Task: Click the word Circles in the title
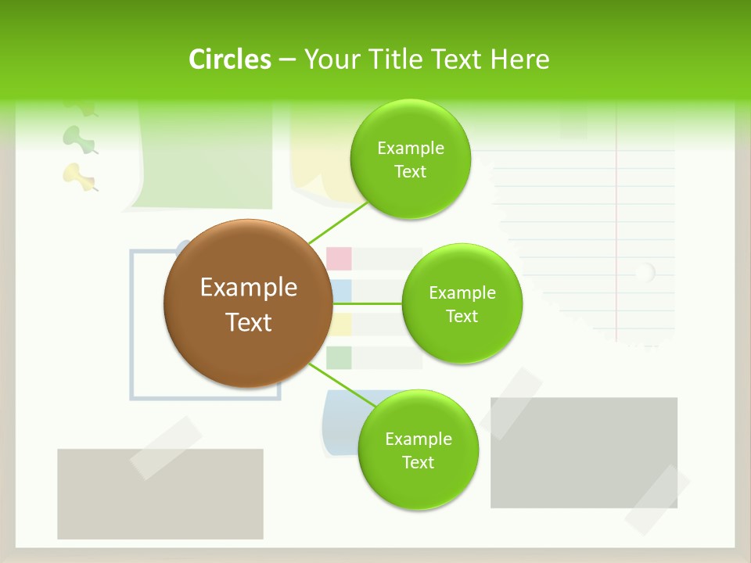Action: pyautogui.click(x=230, y=59)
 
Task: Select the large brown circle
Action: pyautogui.click(x=248, y=304)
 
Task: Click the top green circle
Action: pyautogui.click(x=410, y=160)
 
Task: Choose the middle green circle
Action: pyautogui.click(x=462, y=304)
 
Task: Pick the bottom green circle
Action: pyautogui.click(x=418, y=450)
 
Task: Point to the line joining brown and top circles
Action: pyautogui.click(x=338, y=221)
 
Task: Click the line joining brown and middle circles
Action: pyautogui.click(x=366, y=303)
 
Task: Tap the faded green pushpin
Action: pyautogui.click(x=77, y=138)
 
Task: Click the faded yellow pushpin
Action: pyautogui.click(x=77, y=175)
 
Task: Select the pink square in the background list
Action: pyautogui.click(x=339, y=258)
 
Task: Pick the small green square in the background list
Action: pyautogui.click(x=339, y=357)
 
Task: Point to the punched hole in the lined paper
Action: pyautogui.click(x=644, y=273)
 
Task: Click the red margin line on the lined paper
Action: pyautogui.click(x=616, y=235)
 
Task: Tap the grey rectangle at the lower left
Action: pyautogui.click(x=160, y=500)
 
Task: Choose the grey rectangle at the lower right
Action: pyautogui.click(x=583, y=452)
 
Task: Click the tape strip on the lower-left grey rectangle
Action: pyautogui.click(x=165, y=447)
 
